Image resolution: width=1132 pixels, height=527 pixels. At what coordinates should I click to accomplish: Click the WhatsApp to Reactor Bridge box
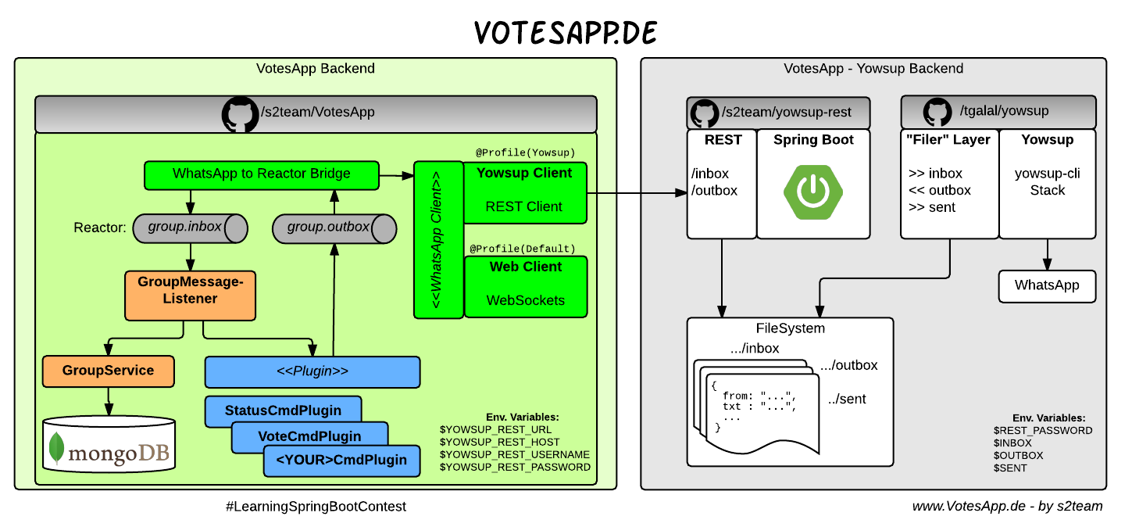(261, 174)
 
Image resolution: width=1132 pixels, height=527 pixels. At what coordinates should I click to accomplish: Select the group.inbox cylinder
(187, 228)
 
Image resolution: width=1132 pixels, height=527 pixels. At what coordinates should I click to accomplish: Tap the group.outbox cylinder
(333, 228)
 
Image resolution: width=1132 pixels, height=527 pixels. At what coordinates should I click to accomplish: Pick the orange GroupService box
(108, 371)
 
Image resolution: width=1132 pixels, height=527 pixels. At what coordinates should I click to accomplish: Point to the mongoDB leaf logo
(56, 449)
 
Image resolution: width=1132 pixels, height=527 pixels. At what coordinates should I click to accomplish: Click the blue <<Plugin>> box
(312, 371)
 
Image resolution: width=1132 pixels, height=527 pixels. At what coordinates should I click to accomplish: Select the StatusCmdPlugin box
(283, 410)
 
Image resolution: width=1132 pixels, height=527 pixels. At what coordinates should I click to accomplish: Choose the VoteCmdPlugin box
(309, 436)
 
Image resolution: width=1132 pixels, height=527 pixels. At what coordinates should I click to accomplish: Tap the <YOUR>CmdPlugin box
(341, 461)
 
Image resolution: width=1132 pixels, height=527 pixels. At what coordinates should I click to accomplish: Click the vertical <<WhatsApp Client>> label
(437, 239)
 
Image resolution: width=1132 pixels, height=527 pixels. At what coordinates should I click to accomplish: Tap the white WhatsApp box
(1047, 285)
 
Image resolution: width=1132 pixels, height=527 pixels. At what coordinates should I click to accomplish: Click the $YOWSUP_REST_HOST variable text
(500, 443)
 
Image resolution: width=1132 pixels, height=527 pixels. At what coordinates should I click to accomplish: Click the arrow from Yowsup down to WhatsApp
(1047, 254)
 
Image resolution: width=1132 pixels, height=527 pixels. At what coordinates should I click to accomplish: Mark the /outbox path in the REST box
(714, 191)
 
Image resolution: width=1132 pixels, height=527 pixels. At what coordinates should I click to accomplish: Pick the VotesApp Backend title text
(316, 69)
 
